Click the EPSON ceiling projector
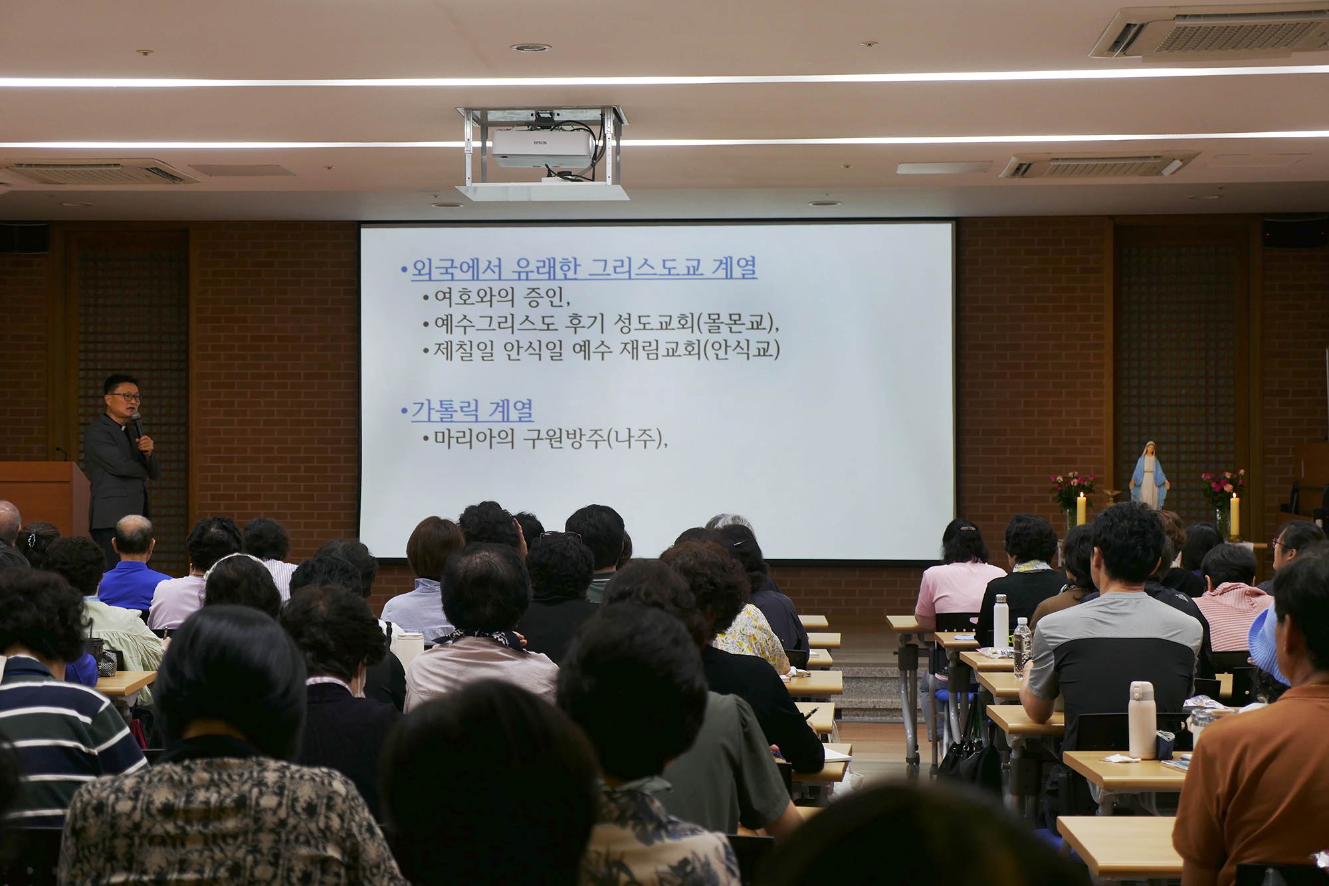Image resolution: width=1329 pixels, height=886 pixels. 543,148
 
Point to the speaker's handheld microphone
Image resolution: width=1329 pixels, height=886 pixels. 138,424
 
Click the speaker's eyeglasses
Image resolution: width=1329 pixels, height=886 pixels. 125,397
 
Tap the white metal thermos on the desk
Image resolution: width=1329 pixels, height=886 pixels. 1001,622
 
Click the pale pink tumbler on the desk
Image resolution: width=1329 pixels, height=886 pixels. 1142,719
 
